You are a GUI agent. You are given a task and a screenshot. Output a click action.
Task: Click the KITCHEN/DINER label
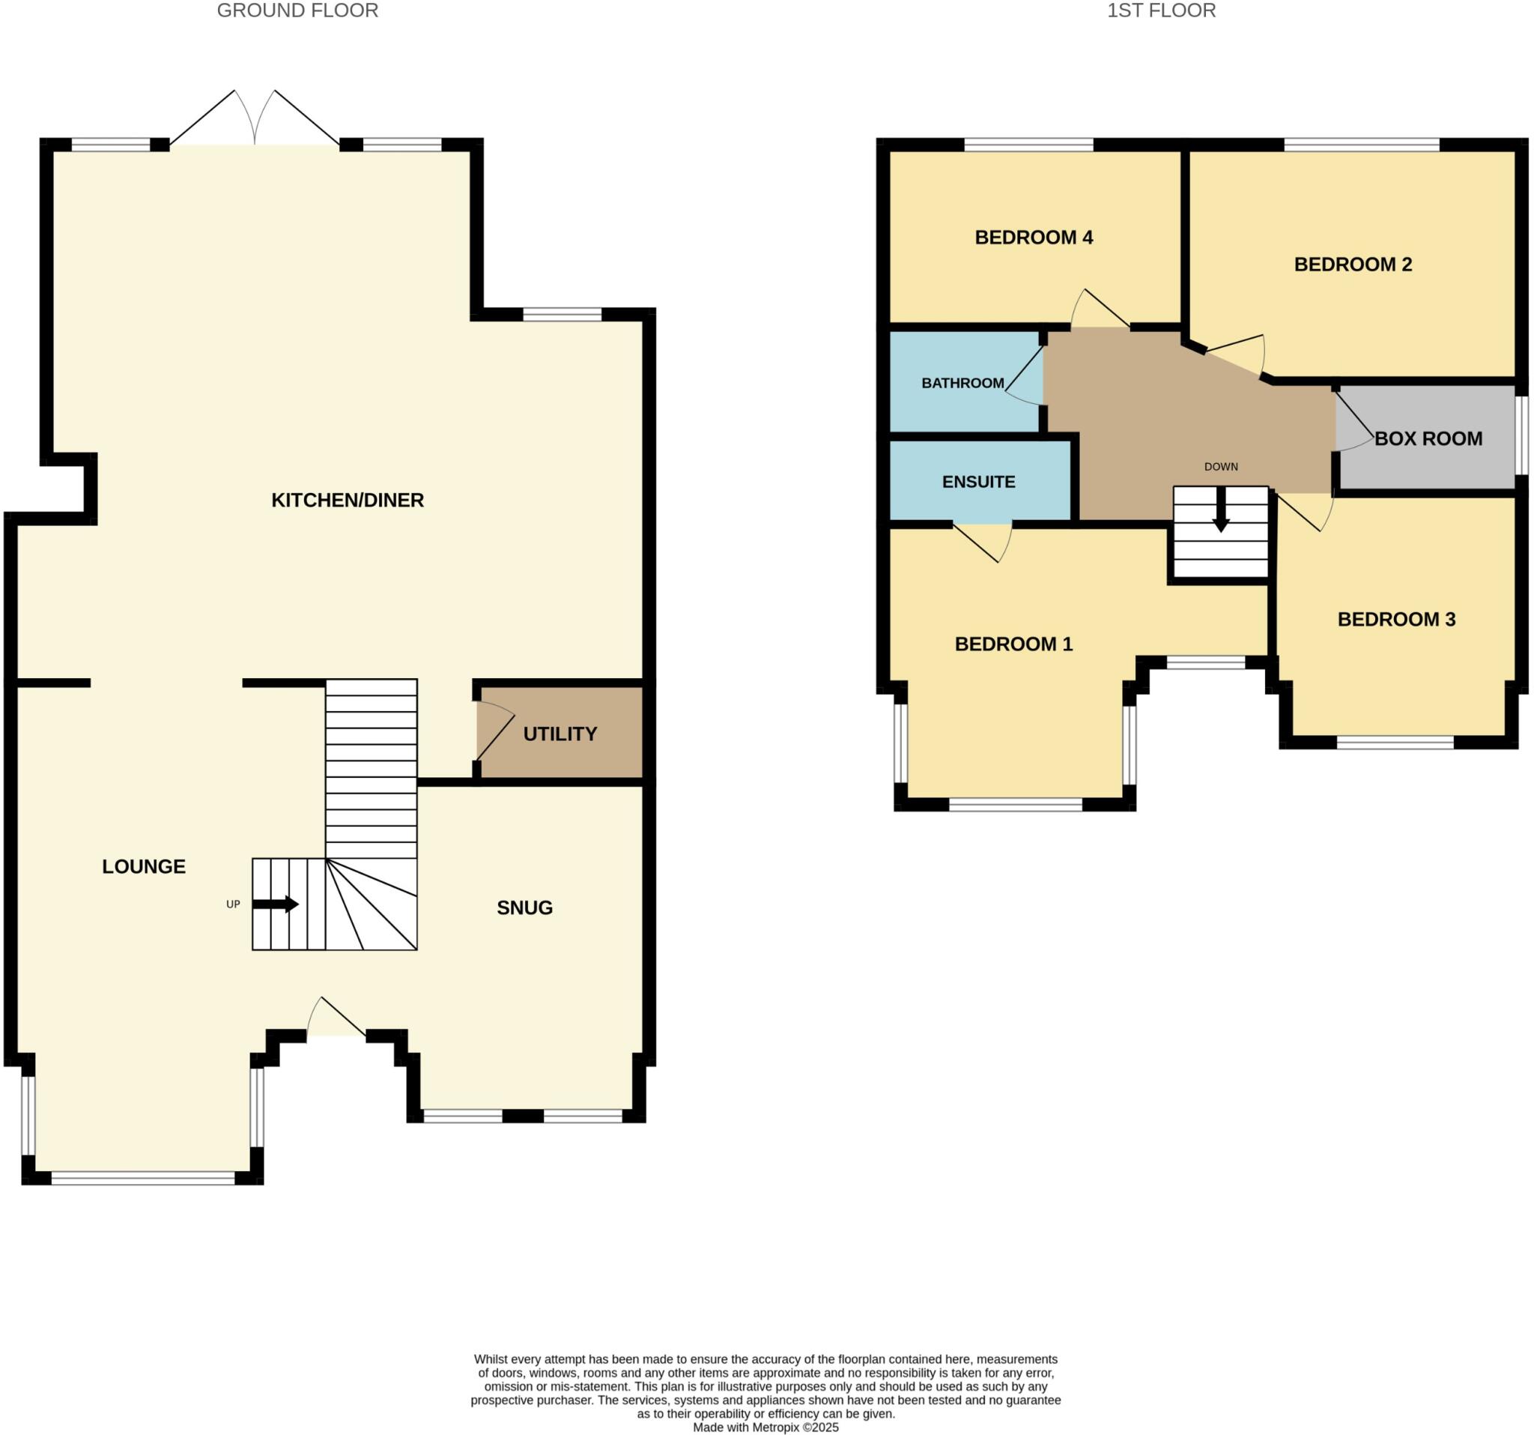pyautogui.click(x=348, y=501)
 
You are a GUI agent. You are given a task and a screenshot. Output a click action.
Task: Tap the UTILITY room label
pyautogui.click(x=560, y=734)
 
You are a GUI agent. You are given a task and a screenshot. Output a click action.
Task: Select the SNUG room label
pyautogui.click(x=525, y=907)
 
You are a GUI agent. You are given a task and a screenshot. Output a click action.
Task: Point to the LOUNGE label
pyautogui.click(x=144, y=867)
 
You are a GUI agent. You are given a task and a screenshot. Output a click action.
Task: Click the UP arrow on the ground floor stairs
pyautogui.click(x=276, y=904)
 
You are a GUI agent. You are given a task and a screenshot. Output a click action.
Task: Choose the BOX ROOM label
pyautogui.click(x=1428, y=438)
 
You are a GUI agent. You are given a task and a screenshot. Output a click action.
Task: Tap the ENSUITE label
pyautogui.click(x=978, y=482)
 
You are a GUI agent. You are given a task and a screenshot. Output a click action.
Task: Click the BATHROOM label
pyautogui.click(x=962, y=383)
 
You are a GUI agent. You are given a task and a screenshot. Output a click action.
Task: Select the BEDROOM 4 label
pyautogui.click(x=1033, y=237)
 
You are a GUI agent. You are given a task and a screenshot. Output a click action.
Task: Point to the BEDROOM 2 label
pyautogui.click(x=1353, y=264)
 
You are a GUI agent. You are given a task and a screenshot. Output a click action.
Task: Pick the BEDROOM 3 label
pyautogui.click(x=1396, y=619)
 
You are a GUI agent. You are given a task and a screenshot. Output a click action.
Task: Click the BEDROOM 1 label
pyautogui.click(x=1013, y=644)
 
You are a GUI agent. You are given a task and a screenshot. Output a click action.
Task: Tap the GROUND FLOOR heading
pyautogui.click(x=297, y=10)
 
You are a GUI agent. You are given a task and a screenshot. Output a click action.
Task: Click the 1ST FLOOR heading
pyautogui.click(x=1161, y=10)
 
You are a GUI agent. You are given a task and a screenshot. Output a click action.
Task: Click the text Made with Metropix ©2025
pyautogui.click(x=766, y=1428)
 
